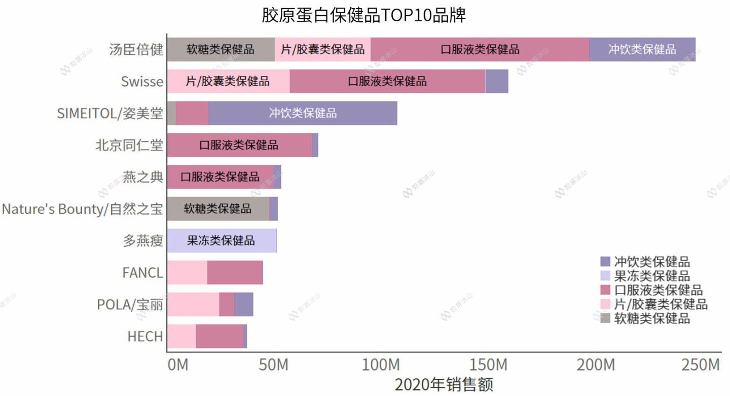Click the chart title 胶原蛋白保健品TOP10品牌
(363, 15)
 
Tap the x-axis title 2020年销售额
(444, 384)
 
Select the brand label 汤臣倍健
(136, 50)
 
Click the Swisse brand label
(142, 82)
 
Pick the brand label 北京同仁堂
(129, 146)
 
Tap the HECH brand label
(145, 337)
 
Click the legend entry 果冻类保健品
(651, 276)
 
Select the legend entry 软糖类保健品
(651, 318)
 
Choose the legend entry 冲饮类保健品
(651, 262)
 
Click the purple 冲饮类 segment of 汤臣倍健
(642, 50)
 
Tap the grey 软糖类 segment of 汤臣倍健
(221, 50)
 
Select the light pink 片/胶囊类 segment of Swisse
(228, 82)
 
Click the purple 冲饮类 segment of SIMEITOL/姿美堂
(303, 113)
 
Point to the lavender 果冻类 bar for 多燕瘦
(222, 241)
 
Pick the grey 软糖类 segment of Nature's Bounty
(218, 209)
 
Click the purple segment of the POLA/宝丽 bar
(243, 305)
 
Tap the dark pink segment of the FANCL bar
(235, 273)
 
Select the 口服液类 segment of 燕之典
(220, 177)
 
